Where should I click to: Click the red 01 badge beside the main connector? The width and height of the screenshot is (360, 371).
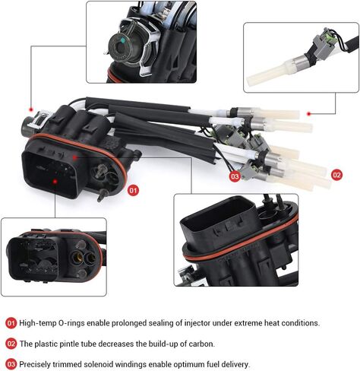pyautogui.click(x=134, y=189)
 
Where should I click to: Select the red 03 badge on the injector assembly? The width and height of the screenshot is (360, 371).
pyautogui.click(x=235, y=176)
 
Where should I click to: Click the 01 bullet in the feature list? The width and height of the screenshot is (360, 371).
pyautogui.click(x=11, y=322)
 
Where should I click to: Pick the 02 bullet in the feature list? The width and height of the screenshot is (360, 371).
pyautogui.click(x=11, y=343)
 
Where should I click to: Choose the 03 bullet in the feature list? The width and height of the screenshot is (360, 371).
pyautogui.click(x=11, y=363)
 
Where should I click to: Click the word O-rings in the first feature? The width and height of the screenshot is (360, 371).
pyautogui.click(x=74, y=322)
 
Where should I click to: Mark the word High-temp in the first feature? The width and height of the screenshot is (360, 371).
pyautogui.click(x=39, y=322)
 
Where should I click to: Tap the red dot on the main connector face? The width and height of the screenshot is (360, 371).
pyautogui.click(x=56, y=182)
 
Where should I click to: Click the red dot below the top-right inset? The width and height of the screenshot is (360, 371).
pyautogui.click(x=308, y=113)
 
